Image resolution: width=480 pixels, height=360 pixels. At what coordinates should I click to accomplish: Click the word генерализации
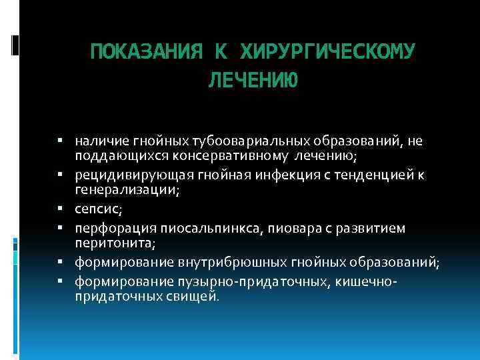tap(123, 189)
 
